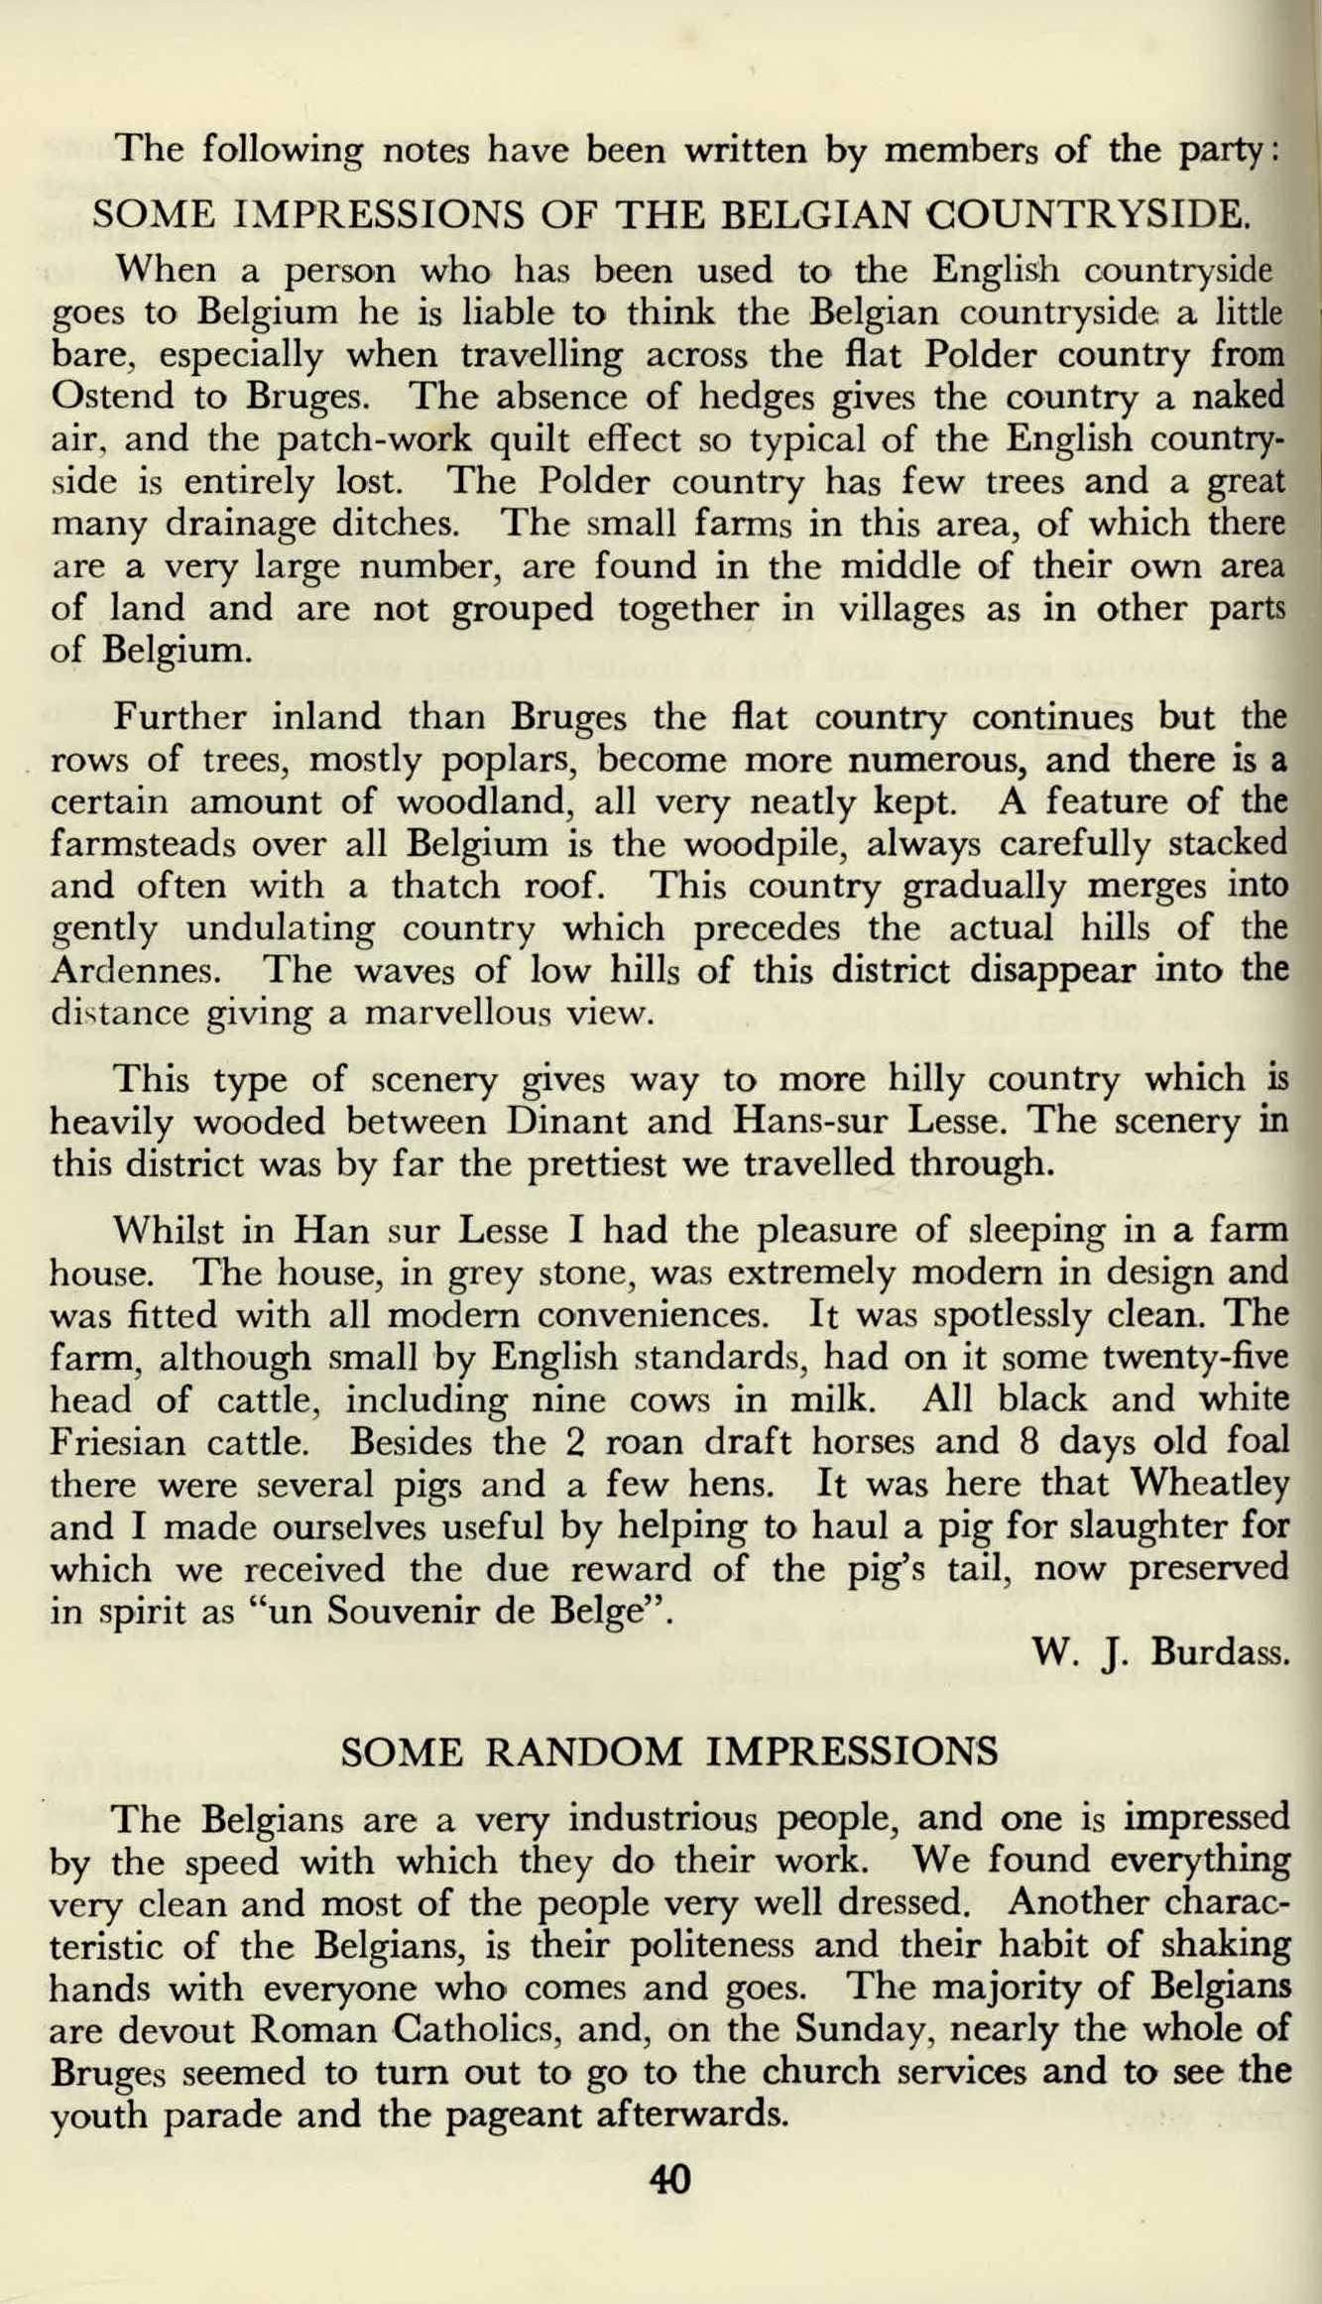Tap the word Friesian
117,1442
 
